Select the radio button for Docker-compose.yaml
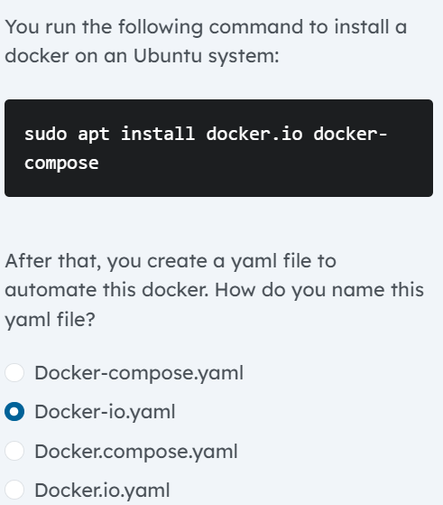pyautogui.click(x=14, y=372)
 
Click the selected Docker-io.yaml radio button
pyautogui.click(x=14, y=412)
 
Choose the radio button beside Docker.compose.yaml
pyautogui.click(x=14, y=451)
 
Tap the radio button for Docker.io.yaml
pyautogui.click(x=14, y=490)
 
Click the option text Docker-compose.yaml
pyautogui.click(x=139, y=372)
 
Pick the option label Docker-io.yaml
pyautogui.click(x=105, y=412)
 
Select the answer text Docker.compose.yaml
pyautogui.click(x=135, y=451)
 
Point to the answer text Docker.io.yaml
pyautogui.click(x=102, y=490)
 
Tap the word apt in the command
pyautogui.click(x=94, y=135)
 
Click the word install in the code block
pyautogui.click(x=158, y=135)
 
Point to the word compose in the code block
pyautogui.click(x=61, y=164)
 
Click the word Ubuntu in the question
pyautogui.click(x=170, y=55)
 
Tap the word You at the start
pyautogui.click(x=20, y=27)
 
